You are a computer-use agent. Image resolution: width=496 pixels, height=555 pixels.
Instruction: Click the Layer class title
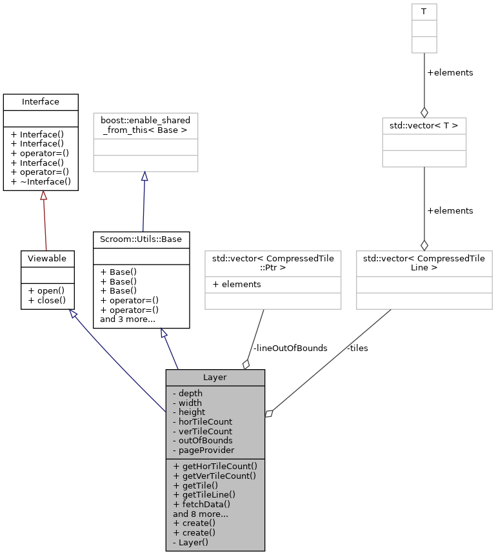tap(215, 378)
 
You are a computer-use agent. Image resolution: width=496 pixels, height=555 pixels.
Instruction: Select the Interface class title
tap(41, 102)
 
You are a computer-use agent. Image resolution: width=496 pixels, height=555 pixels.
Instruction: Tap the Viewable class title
tap(47, 259)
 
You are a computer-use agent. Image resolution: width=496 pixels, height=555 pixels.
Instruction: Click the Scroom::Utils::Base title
tap(141, 239)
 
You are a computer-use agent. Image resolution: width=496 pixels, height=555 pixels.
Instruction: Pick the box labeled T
tap(424, 11)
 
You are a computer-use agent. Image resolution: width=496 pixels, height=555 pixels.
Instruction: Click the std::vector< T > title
tap(424, 125)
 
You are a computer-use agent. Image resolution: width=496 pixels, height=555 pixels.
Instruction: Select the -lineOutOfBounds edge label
tap(290, 348)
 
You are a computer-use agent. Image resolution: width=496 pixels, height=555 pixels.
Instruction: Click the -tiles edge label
tap(357, 348)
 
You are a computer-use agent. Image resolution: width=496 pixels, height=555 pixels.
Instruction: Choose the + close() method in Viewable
tap(46, 300)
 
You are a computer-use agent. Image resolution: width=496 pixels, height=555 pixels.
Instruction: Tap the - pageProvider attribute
tap(203, 450)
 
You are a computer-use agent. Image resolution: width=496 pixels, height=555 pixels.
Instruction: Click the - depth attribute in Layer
tap(188, 393)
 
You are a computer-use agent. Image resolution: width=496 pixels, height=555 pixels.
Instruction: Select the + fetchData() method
tap(202, 504)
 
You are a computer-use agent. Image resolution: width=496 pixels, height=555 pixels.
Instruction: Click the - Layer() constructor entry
tap(191, 543)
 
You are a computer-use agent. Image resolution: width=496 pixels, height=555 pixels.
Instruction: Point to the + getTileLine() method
tap(206, 494)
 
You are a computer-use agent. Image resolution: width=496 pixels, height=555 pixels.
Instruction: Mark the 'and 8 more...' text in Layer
tap(199, 514)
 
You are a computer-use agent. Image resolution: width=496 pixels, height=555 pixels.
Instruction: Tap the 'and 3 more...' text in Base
tap(127, 319)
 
